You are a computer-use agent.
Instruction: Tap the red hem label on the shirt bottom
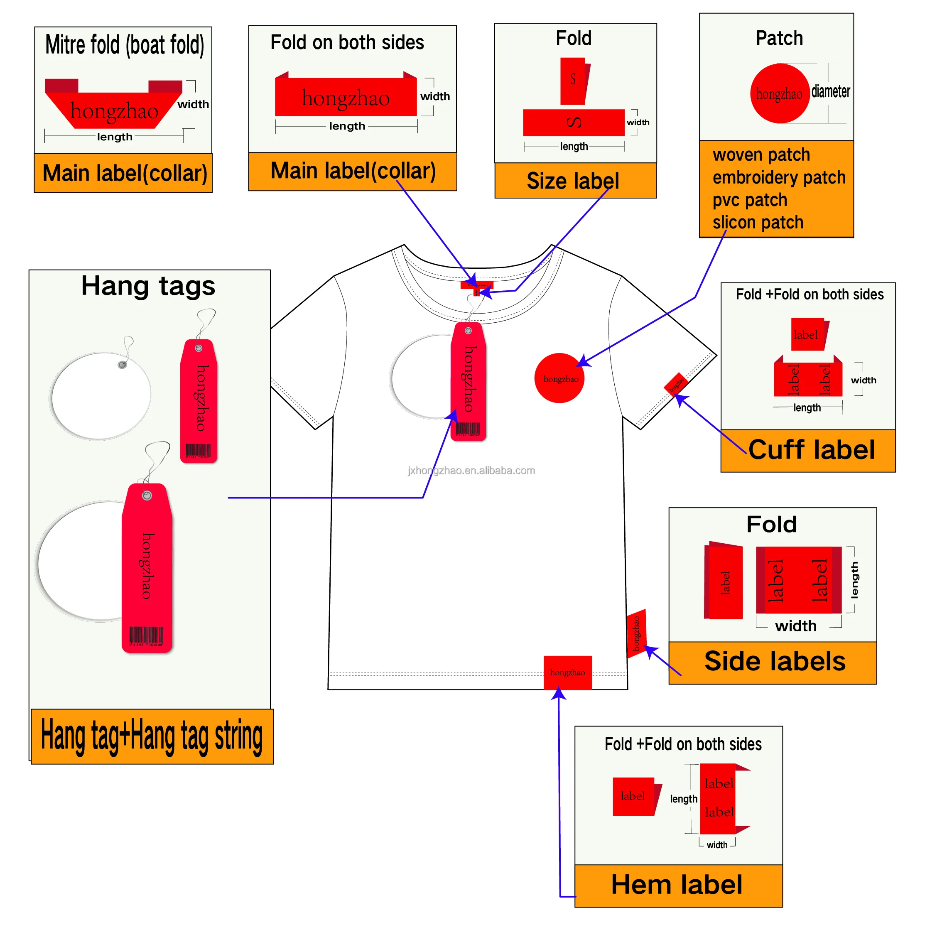pyautogui.click(x=567, y=672)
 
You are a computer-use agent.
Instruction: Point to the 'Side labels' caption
pyautogui.click(x=775, y=661)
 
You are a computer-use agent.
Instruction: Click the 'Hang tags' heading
pyautogui.click(x=148, y=286)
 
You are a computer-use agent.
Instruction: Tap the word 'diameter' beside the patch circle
pyautogui.click(x=830, y=92)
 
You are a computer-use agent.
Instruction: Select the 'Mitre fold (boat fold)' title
pyautogui.click(x=124, y=45)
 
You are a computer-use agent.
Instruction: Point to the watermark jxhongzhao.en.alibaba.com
pyautogui.click(x=471, y=471)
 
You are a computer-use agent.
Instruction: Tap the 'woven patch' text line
pyautogui.click(x=761, y=155)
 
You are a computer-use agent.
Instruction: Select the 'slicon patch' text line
pyautogui.click(x=758, y=222)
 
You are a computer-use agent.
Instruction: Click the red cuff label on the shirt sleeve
pyautogui.click(x=676, y=384)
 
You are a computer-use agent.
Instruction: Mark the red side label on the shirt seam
pyautogui.click(x=636, y=633)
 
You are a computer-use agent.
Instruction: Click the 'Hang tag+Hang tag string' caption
pyautogui.click(x=152, y=736)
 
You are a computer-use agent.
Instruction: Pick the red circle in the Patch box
pyautogui.click(x=779, y=93)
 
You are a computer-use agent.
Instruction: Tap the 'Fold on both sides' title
pyautogui.click(x=347, y=42)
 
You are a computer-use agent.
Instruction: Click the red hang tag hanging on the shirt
pyautogui.click(x=468, y=380)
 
